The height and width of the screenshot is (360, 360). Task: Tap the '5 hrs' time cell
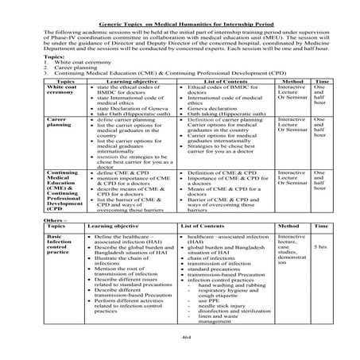tap(320, 247)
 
